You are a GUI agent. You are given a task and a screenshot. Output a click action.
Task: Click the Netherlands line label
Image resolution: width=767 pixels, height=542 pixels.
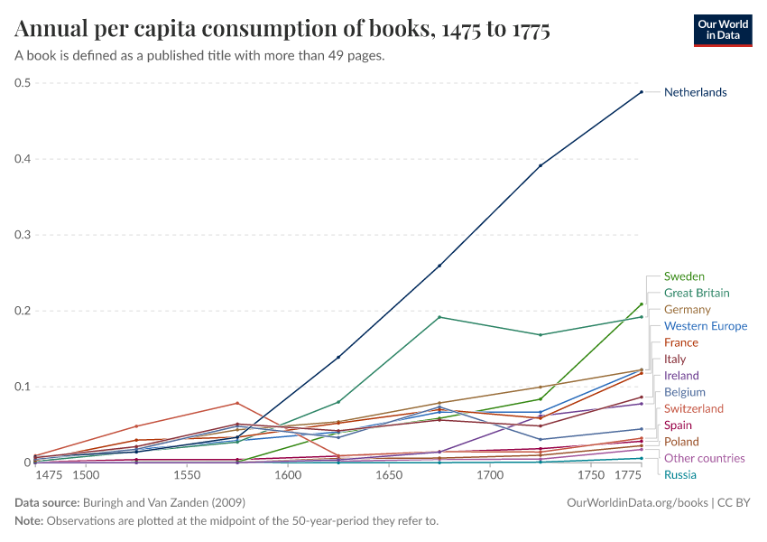[695, 92]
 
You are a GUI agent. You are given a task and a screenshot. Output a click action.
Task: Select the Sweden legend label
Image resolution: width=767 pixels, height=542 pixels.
[684, 276]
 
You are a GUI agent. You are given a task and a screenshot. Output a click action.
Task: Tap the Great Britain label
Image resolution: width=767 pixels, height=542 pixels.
[697, 293]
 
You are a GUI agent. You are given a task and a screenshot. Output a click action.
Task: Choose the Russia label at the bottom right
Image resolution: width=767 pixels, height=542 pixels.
[679, 474]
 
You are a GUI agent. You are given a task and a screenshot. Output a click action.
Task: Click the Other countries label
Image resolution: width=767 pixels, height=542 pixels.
[704, 458]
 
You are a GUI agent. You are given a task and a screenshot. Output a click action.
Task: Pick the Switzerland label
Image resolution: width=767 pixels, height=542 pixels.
[693, 408]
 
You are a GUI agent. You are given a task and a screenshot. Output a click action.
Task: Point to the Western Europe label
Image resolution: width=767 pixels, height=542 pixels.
[705, 326]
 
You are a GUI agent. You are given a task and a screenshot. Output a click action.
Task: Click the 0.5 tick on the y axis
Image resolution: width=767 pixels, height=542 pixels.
[23, 83]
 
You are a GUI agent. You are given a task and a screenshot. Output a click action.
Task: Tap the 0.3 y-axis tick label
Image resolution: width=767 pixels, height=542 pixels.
[23, 235]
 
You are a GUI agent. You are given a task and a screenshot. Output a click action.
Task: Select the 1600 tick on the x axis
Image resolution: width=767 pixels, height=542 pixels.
[288, 475]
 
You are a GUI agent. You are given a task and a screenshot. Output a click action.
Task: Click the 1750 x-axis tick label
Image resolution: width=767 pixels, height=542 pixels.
[591, 475]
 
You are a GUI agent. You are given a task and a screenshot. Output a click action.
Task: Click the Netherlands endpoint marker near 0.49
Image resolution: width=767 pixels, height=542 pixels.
[642, 92]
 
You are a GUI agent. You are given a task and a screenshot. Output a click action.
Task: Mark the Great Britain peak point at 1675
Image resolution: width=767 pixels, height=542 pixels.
[439, 317]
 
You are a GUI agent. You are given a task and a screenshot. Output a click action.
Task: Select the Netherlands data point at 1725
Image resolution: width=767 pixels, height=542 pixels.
[541, 165]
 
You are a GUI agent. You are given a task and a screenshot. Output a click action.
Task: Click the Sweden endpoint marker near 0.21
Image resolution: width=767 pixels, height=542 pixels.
[642, 304]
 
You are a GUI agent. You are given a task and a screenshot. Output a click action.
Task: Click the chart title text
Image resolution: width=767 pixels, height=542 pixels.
[282, 30]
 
